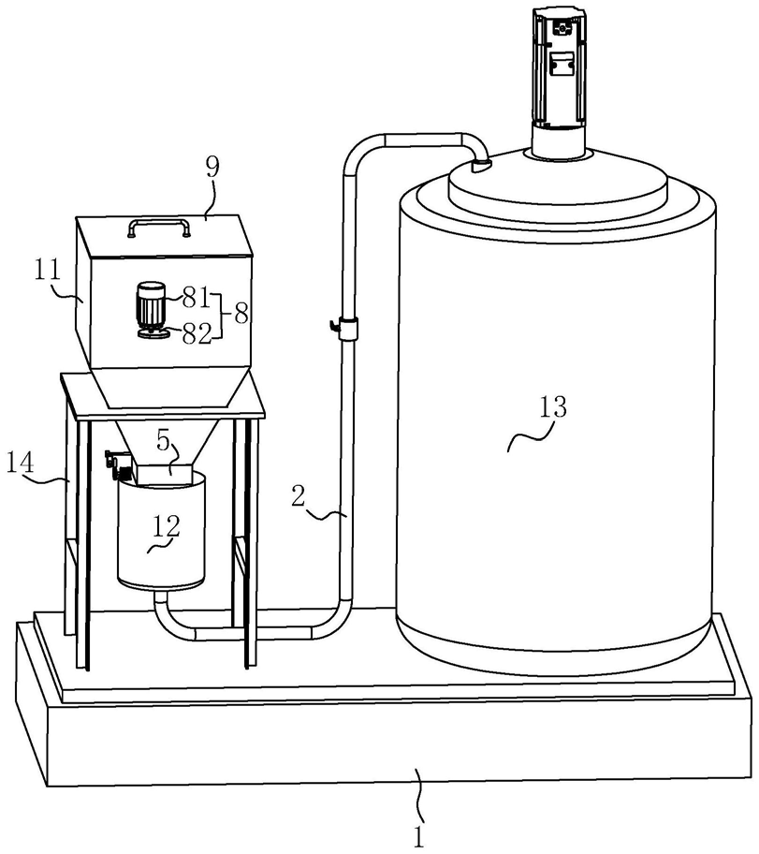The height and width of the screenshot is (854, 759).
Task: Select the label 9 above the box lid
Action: tap(212, 169)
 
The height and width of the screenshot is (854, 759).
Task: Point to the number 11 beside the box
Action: tap(47, 271)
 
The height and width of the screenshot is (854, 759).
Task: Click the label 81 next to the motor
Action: tap(196, 299)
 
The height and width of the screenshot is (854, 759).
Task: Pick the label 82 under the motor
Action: tap(196, 334)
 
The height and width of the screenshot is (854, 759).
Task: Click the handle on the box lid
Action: tap(160, 226)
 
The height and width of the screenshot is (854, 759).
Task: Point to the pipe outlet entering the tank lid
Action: tap(480, 166)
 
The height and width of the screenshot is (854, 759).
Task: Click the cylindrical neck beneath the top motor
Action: tap(560, 143)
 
